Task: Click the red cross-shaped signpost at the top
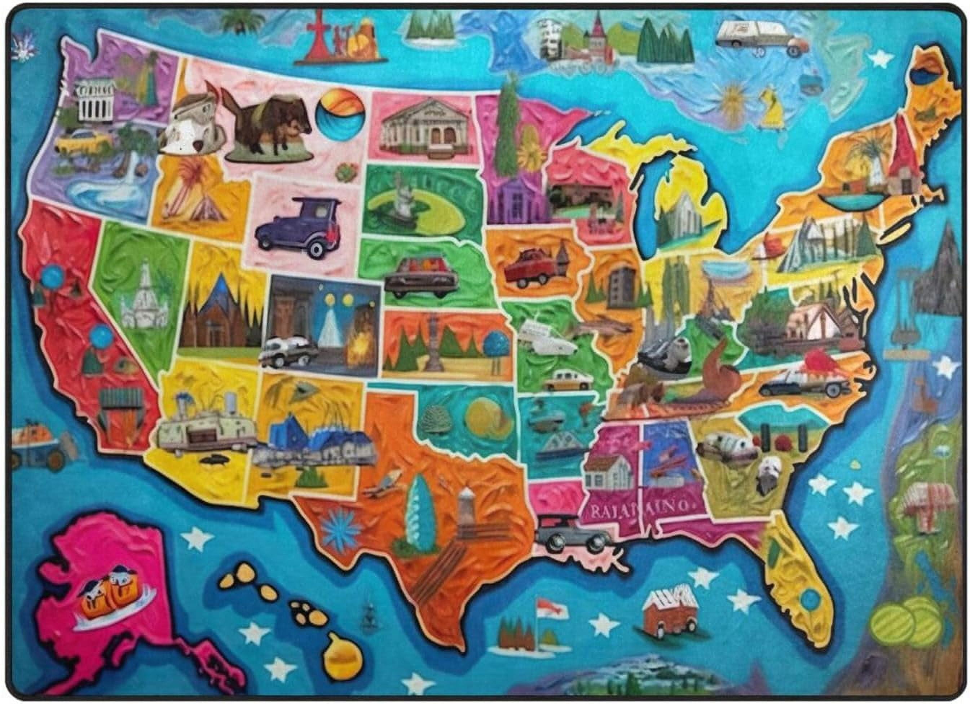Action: tap(319, 36)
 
